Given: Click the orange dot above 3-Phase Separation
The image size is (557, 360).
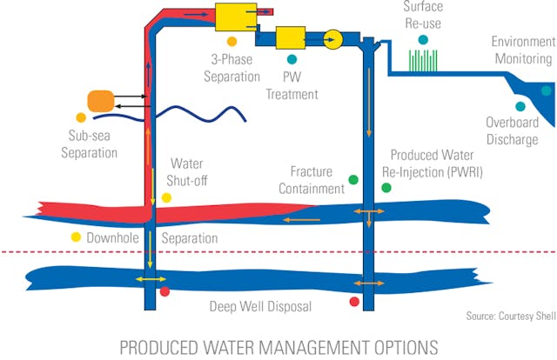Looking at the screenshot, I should (232, 41).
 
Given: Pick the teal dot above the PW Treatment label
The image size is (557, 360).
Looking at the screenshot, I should (292, 59).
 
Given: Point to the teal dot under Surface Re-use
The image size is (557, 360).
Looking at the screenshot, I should (423, 40).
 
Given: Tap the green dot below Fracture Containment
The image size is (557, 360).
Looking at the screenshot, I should (353, 180).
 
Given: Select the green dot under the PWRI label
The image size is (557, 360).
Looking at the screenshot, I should (386, 187).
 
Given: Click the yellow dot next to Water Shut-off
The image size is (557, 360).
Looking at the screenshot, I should (166, 197).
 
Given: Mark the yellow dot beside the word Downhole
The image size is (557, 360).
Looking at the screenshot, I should (76, 237).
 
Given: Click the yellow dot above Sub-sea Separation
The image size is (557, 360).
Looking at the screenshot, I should (81, 117).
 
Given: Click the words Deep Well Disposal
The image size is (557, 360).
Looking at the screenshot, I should (260, 306).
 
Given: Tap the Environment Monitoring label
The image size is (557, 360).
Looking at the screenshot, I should (522, 50).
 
